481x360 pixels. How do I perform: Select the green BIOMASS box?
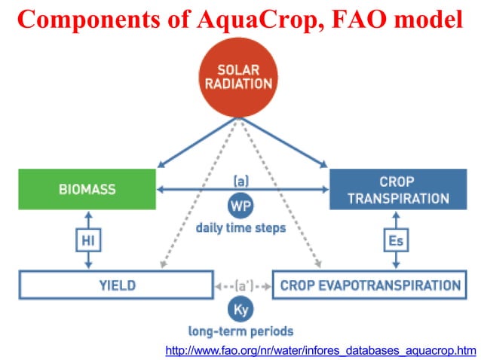click(87, 190)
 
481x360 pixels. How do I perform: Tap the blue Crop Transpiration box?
click(399, 190)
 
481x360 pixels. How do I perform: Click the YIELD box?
click(116, 285)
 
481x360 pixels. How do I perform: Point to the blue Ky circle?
click(241, 309)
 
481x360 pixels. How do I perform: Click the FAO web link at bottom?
click(320, 349)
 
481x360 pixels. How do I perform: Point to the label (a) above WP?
click(241, 182)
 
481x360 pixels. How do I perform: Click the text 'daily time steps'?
click(241, 227)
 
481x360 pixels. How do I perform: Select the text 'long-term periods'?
click(241, 331)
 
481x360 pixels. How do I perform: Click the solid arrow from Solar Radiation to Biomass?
click(196, 142)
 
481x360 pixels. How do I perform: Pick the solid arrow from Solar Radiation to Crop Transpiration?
click(284, 142)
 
